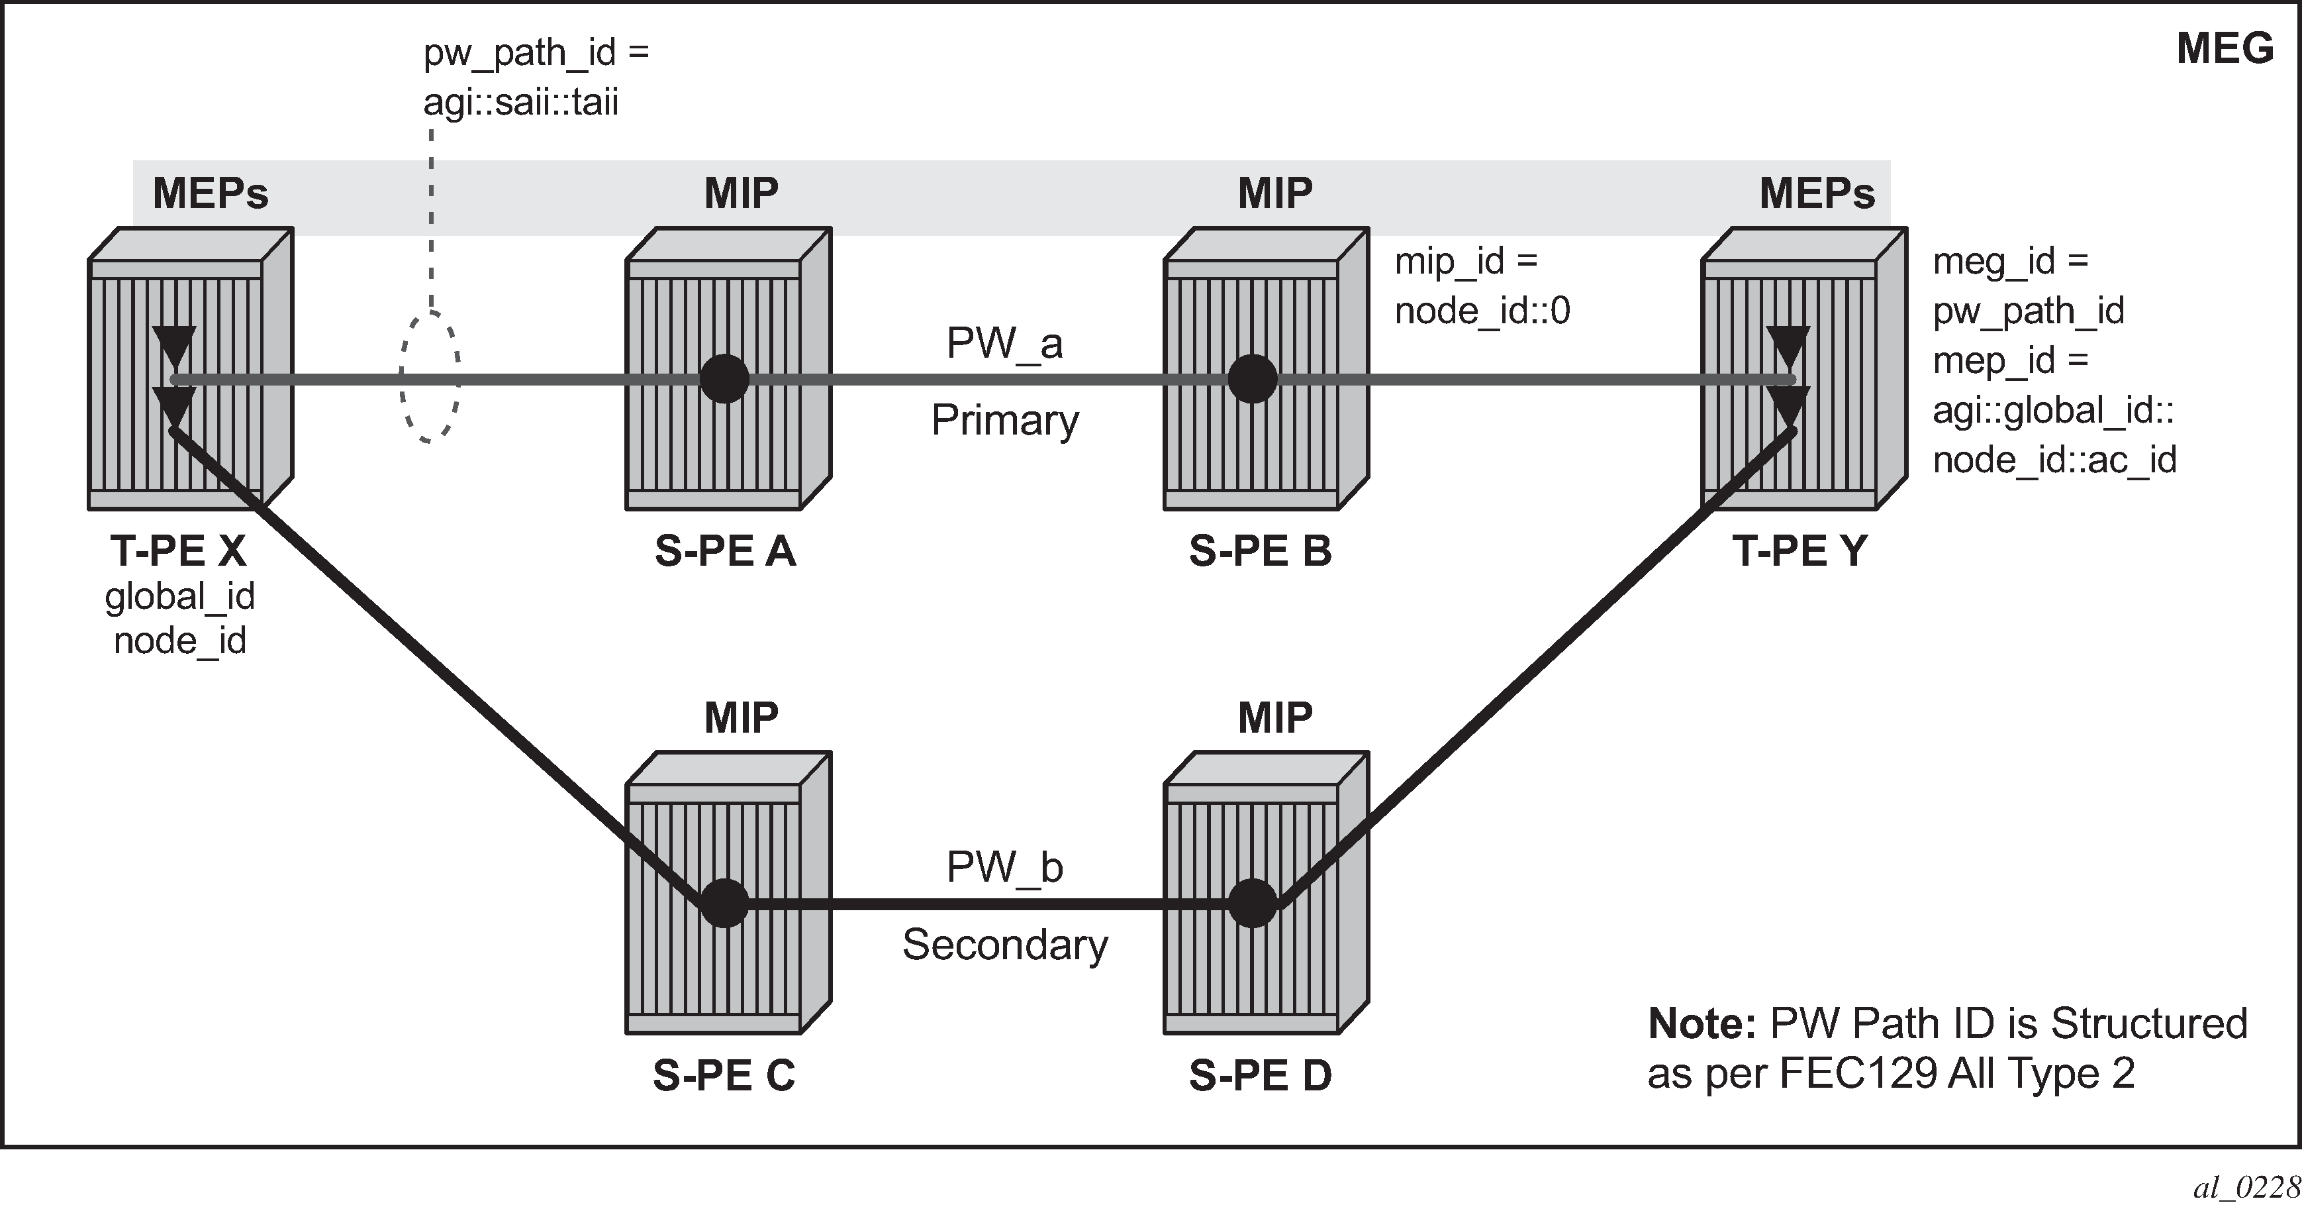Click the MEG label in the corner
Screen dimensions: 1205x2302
tap(2225, 48)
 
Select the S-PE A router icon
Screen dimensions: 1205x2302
tap(728, 368)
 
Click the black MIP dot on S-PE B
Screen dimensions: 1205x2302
tap(1253, 380)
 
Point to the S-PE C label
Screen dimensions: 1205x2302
tap(724, 1074)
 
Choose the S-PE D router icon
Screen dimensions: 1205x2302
tap(1265, 892)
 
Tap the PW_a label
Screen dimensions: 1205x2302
tap(1004, 343)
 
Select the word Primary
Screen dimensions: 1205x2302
tap(1004, 420)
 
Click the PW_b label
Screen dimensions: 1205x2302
tap(1004, 867)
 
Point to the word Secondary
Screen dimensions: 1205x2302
tap(1004, 945)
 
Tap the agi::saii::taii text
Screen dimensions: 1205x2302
tap(521, 103)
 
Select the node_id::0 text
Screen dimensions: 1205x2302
tap(1482, 311)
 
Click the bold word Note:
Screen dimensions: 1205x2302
tap(1702, 1023)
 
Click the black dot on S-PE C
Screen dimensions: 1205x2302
tap(724, 904)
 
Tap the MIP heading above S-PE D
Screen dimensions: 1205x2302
tap(1275, 717)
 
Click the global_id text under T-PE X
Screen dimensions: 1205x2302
tap(179, 596)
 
